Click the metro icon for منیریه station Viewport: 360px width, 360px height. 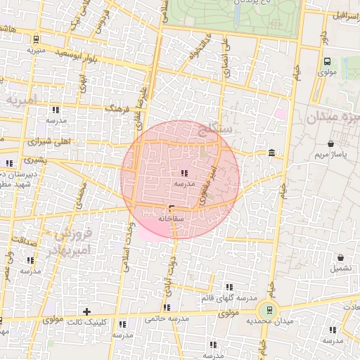tap(36, 39)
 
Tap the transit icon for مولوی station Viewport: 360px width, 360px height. tap(327, 61)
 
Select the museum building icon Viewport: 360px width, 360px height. tap(271, 153)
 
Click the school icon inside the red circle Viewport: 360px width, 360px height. tap(184, 173)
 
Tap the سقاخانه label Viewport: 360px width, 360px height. tap(171, 219)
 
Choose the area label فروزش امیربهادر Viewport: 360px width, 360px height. tap(68, 241)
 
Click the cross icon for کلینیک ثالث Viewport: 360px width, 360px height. tap(86, 311)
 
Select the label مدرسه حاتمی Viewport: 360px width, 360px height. tap(167, 319)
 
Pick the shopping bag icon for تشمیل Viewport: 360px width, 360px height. tap(340, 257)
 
